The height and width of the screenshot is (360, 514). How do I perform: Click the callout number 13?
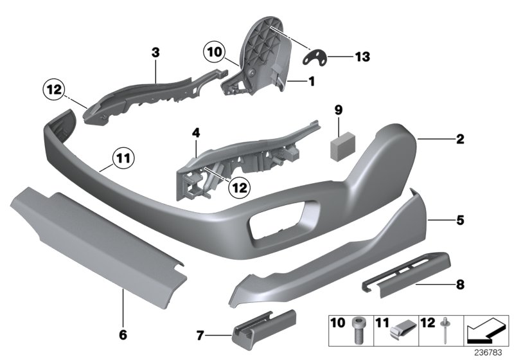[362, 58]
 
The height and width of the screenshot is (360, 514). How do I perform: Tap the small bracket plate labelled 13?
[315, 57]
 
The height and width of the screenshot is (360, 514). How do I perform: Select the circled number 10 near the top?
[215, 51]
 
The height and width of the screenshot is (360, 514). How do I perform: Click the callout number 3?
[155, 51]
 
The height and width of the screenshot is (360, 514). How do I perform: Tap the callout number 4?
[196, 134]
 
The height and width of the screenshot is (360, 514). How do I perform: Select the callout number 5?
[460, 220]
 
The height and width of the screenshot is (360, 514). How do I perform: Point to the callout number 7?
[201, 335]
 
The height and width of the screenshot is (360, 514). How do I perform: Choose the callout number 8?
[461, 283]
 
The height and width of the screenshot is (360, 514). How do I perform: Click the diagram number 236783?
[492, 352]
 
